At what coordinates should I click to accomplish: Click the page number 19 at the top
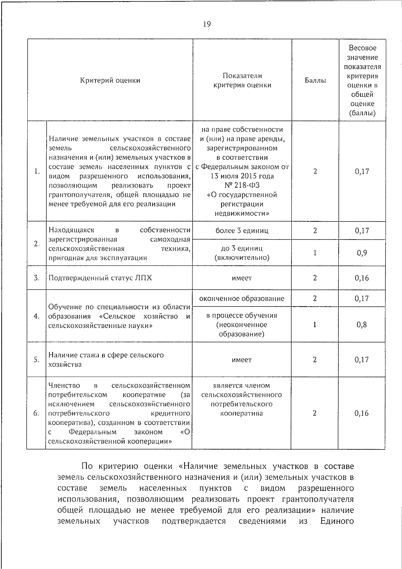tap(207, 24)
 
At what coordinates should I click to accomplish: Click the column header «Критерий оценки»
tap(110, 80)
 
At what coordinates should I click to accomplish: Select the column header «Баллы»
tap(315, 80)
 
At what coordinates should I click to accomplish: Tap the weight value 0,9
tap(362, 253)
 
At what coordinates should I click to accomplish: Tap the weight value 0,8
tap(362, 325)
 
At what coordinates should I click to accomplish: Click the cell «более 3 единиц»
tap(242, 231)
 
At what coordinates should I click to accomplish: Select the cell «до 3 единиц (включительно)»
tap(242, 253)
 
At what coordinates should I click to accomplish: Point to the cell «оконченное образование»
tap(242, 299)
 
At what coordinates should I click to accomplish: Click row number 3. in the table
tap(37, 278)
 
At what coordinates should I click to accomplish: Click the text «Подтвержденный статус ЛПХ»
tap(100, 278)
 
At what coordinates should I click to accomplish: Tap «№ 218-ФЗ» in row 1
tap(242, 186)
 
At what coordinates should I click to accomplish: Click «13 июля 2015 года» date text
tap(242, 176)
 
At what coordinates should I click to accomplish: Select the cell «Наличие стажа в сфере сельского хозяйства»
tap(106, 360)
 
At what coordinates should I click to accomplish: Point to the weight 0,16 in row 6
tap(362, 413)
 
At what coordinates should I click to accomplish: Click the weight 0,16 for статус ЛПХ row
tap(362, 278)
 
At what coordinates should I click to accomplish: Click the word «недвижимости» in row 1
tap(242, 214)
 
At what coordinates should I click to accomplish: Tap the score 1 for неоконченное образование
tap(315, 325)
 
